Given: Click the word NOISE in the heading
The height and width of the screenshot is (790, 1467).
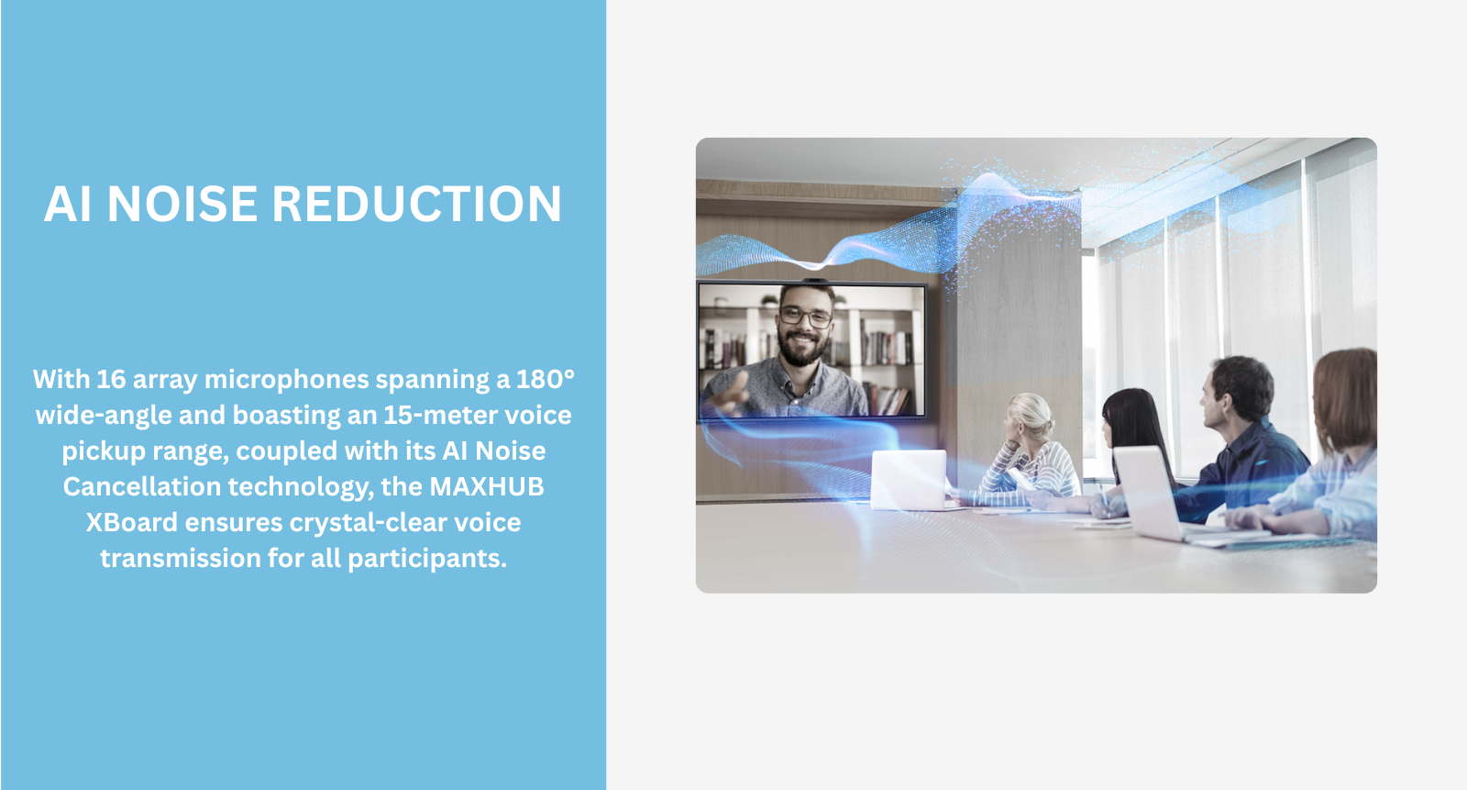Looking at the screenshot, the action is (182, 204).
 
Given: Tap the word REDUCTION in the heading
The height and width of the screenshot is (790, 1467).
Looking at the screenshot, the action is (416, 204).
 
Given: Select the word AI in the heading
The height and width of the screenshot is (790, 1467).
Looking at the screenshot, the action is (67, 204).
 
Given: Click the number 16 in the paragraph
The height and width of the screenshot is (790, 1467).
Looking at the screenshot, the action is (111, 379).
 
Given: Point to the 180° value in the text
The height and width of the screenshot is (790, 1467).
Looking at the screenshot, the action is (545, 379).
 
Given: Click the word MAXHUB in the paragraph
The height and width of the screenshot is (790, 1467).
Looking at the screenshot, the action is (487, 486).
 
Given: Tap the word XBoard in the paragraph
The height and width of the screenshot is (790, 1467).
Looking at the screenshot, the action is (132, 522).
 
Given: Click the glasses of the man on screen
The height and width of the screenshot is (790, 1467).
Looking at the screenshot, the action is (806, 317).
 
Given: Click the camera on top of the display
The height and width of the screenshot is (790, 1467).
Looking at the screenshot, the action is (813, 281).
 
